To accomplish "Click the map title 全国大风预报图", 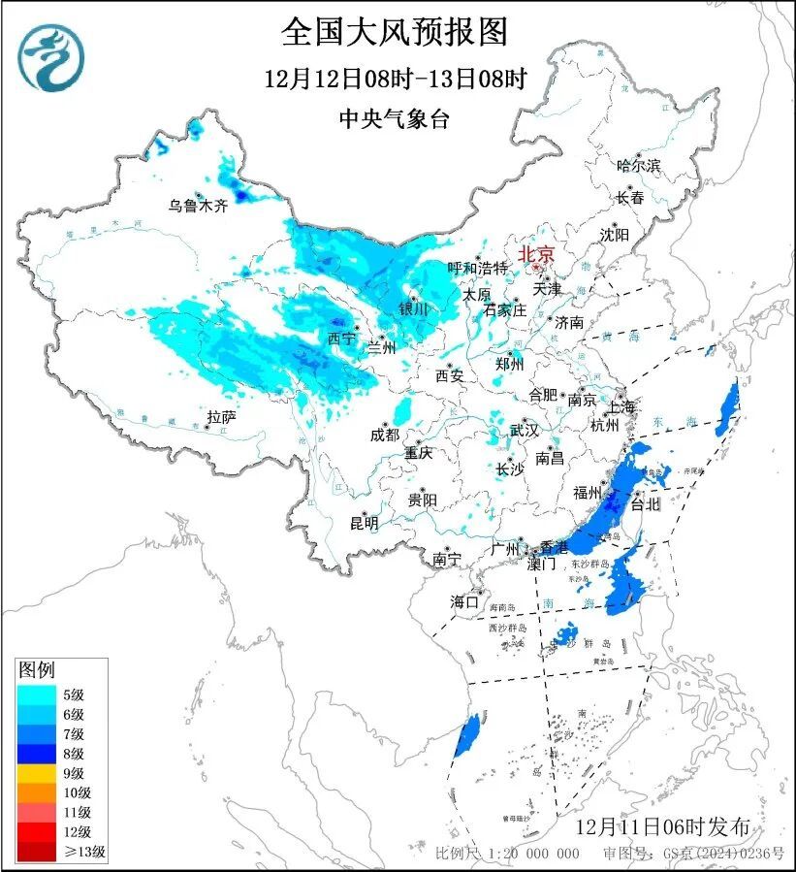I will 395,33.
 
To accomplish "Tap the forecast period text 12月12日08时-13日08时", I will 395,80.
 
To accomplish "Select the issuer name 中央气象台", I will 395,118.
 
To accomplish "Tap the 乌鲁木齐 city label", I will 197,205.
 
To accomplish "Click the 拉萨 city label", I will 221,417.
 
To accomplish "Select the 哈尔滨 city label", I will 638,166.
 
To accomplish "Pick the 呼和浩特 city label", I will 477,268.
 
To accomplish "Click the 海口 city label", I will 464,601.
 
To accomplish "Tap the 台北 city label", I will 645,504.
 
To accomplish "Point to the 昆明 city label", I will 364,523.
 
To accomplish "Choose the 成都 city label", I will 384,436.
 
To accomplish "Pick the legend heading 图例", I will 37,669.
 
